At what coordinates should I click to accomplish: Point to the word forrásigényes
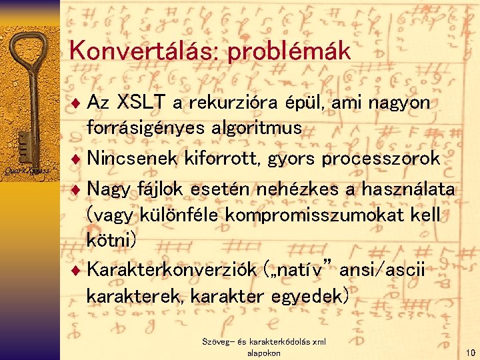pyautogui.click(x=137, y=127)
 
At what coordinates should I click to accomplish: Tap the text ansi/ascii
pyautogui.click(x=383, y=269)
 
